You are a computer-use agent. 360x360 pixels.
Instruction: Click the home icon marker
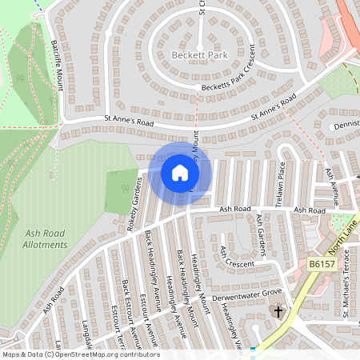(180, 172)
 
